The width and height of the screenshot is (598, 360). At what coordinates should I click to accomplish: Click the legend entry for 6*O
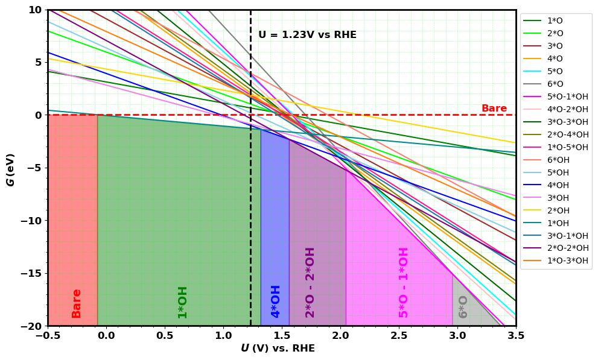[555, 84]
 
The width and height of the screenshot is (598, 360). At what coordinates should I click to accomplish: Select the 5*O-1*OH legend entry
[567, 96]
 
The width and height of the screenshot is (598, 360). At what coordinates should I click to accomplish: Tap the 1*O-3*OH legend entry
[567, 261]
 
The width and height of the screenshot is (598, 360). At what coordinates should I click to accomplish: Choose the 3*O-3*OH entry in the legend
[567, 122]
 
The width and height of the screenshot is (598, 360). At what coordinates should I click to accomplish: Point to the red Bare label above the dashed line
[494, 109]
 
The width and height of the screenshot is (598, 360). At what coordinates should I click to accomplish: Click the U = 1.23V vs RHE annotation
[307, 35]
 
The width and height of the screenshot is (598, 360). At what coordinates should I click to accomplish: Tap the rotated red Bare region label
[77, 303]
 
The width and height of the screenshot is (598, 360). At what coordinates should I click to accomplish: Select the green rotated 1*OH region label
[183, 302]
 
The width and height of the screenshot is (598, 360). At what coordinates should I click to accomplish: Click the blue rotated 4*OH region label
[276, 301]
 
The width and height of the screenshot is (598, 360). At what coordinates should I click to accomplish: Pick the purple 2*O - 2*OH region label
[310, 282]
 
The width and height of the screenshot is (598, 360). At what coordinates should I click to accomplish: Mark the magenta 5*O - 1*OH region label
[404, 282]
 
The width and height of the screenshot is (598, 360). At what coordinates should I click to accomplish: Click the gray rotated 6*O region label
[463, 306]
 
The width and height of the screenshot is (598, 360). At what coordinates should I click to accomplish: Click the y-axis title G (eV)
[11, 169]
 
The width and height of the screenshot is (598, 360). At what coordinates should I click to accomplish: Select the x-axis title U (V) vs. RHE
[278, 349]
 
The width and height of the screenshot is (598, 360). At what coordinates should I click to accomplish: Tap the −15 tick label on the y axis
[30, 273]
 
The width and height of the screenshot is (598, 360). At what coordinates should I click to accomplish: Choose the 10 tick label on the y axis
[34, 10]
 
